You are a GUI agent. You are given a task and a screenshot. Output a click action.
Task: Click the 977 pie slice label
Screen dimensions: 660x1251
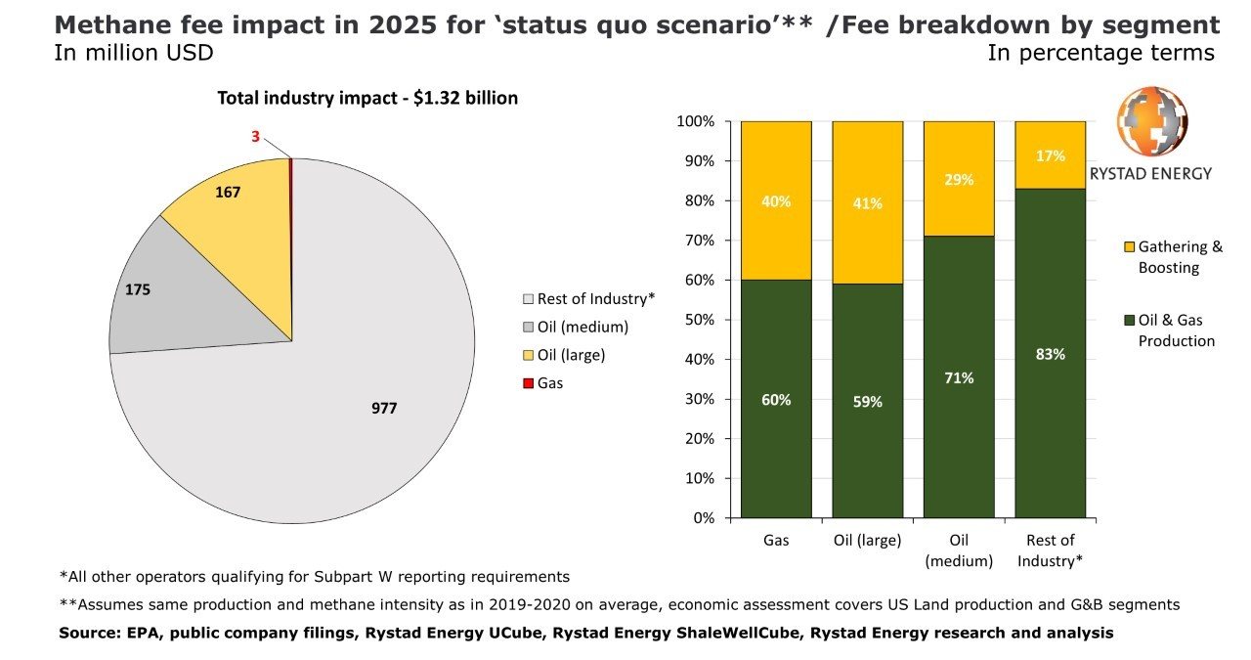point(384,409)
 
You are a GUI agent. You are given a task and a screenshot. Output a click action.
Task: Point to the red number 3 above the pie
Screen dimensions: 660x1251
point(255,137)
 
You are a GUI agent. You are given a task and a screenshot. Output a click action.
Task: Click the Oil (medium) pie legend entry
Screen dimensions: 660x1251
point(582,327)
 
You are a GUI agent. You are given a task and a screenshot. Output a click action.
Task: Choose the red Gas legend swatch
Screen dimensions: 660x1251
point(529,383)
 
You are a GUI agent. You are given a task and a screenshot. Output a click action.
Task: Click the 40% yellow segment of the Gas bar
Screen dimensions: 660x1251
point(776,201)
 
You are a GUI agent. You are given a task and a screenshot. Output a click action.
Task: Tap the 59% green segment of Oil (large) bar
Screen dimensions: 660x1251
point(867,401)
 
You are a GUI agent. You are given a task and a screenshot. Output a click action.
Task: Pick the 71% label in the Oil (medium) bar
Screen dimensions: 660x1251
point(959,377)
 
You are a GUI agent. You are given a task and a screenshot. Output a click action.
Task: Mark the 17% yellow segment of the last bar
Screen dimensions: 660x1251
point(1051,155)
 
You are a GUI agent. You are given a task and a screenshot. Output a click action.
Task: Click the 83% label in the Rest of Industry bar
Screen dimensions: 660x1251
point(1051,354)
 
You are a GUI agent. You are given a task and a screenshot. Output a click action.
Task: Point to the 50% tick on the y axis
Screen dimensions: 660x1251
point(701,320)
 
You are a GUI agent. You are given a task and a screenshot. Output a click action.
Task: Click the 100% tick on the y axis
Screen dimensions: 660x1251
point(697,121)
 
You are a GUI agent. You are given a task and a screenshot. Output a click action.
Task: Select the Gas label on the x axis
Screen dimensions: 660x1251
point(776,541)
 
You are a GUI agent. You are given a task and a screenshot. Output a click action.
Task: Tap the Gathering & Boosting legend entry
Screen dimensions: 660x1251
point(1179,257)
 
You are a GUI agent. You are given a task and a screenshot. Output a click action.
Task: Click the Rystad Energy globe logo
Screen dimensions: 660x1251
point(1152,122)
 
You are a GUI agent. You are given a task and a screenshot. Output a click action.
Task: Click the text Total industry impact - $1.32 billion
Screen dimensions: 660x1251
point(367,98)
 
